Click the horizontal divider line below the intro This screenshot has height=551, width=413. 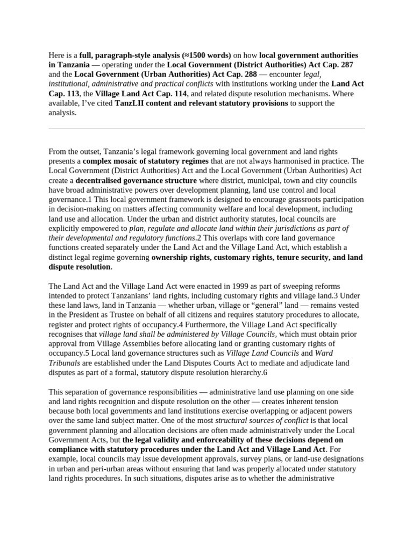coord(206,129)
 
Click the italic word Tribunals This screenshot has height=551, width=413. coord(65,363)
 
